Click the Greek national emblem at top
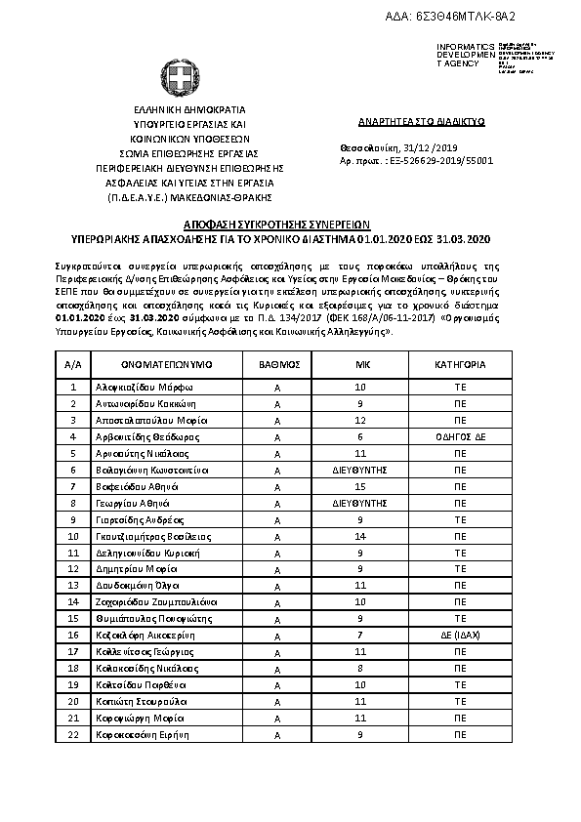178,76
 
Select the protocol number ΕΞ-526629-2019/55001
442,160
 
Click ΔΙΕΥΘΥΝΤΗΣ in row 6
361,470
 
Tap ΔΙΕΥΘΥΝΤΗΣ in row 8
361,503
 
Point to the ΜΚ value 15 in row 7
361,486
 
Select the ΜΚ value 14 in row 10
361,536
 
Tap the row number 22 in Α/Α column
73,734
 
